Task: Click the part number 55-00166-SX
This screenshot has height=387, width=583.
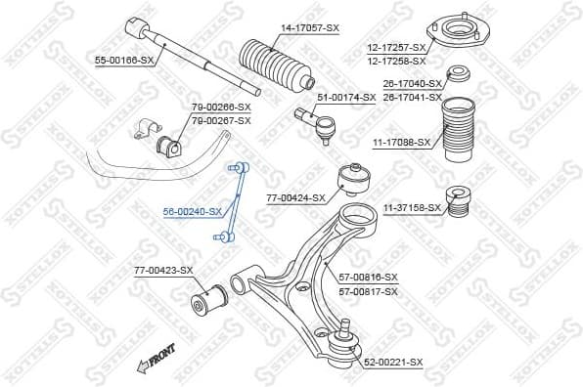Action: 124,61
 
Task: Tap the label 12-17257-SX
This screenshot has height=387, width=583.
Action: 396,47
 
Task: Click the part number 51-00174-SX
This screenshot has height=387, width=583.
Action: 345,97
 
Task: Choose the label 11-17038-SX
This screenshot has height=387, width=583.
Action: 401,142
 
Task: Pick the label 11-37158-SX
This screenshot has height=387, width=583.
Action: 412,207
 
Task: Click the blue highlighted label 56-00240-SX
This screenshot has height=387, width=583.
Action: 193,211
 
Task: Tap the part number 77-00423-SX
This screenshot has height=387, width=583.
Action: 163,270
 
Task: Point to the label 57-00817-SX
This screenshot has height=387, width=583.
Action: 368,291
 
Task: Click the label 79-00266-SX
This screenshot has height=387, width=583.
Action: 221,107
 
